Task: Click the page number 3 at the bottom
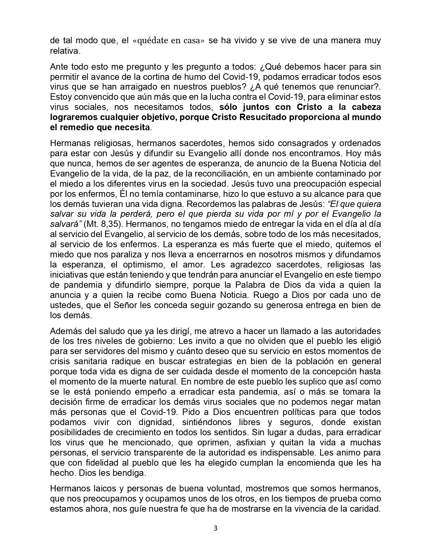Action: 215,529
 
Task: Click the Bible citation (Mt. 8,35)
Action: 91,224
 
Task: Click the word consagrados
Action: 311,143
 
